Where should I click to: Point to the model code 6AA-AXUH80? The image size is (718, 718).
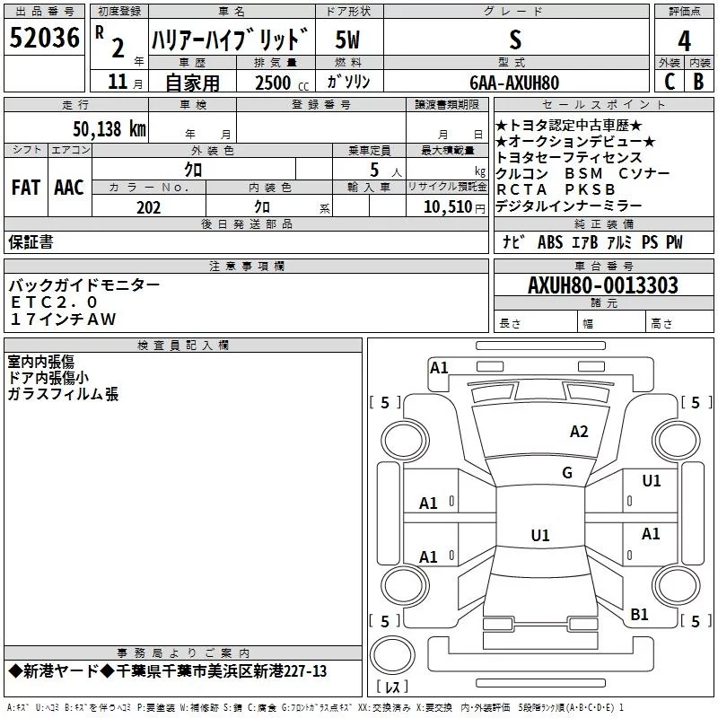514,83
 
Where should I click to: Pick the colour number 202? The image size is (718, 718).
149,207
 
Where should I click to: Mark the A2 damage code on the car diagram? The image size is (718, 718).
579,432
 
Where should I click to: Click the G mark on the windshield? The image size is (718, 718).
567,473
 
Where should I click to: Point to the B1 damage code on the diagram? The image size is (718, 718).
639,614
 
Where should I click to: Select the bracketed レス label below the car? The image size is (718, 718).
391,687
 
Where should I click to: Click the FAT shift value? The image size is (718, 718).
25,188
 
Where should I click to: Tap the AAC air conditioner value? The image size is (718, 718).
68,188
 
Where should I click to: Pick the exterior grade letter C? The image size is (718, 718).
669,82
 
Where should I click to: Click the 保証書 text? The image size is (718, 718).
31,241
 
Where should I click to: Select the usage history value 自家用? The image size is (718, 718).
192,83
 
